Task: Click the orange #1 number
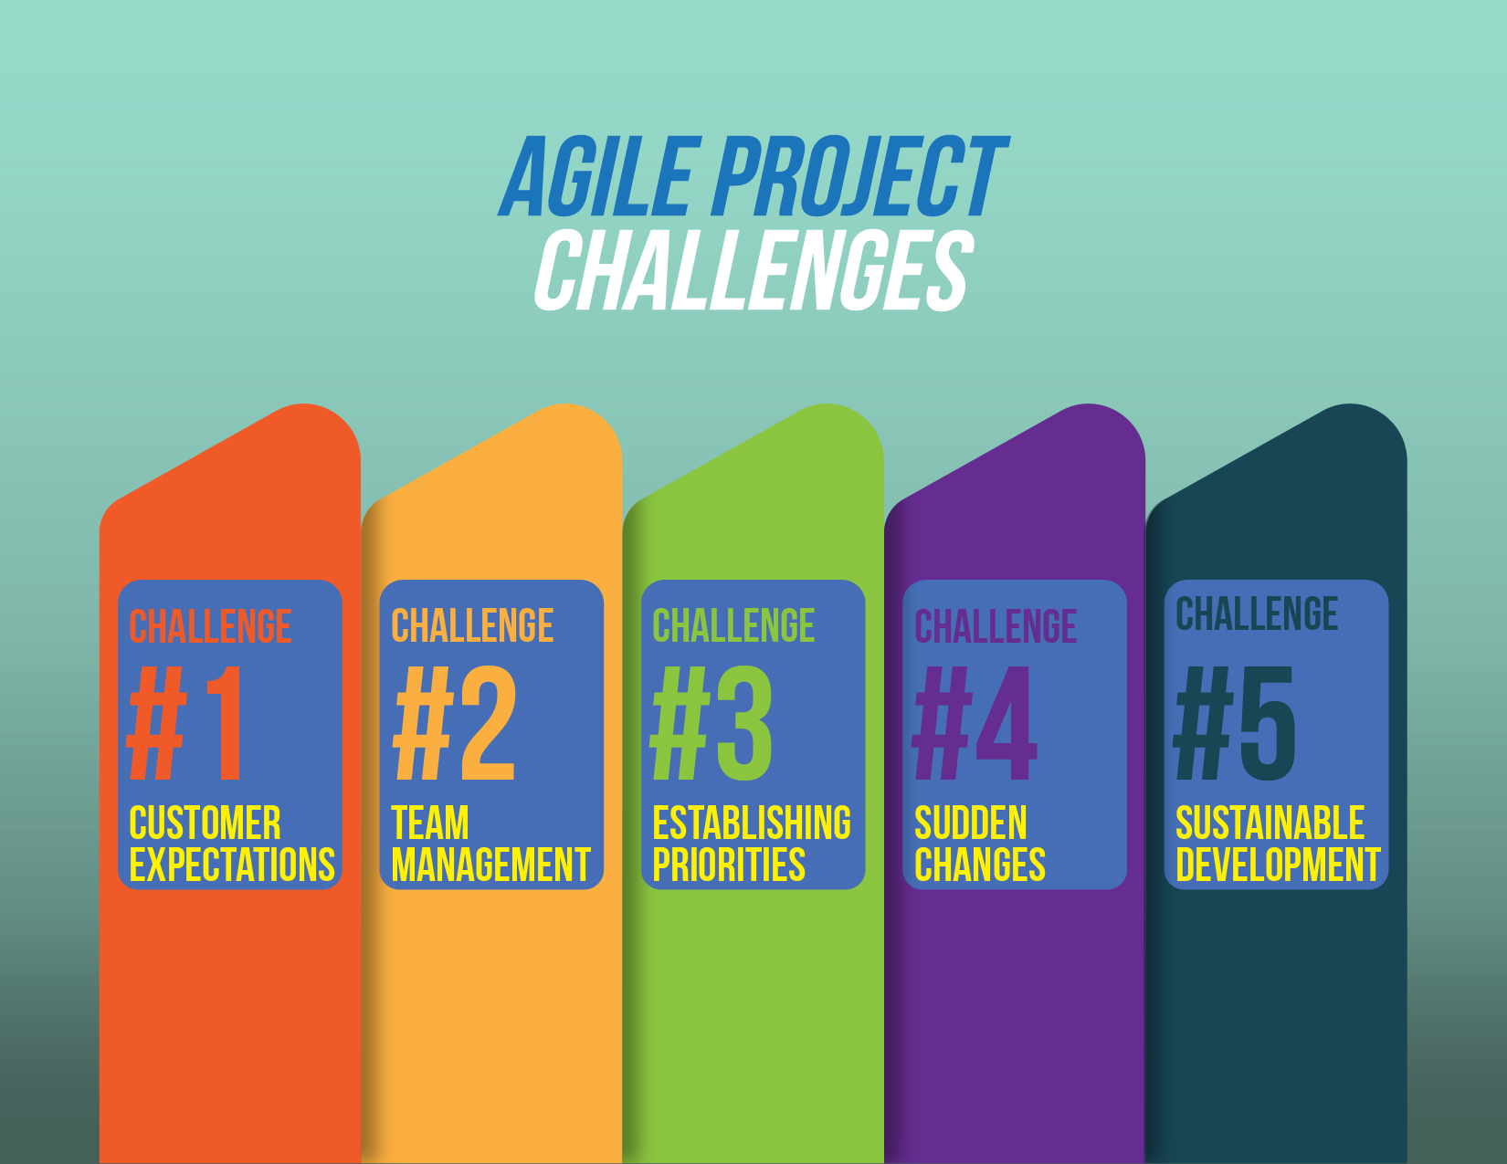(187, 723)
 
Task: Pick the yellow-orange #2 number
(454, 723)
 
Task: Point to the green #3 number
(712, 723)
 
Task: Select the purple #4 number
(975, 723)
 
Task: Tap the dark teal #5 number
(1235, 723)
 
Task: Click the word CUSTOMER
(205, 823)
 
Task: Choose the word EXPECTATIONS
(232, 865)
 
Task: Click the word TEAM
(430, 823)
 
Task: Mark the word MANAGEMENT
(491, 865)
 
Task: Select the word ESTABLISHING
(752, 823)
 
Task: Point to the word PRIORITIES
(729, 865)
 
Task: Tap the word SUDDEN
(971, 823)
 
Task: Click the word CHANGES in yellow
(980, 865)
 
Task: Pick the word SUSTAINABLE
(1270, 823)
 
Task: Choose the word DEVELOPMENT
(1278, 865)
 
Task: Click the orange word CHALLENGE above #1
(210, 627)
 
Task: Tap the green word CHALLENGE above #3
(733, 627)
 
